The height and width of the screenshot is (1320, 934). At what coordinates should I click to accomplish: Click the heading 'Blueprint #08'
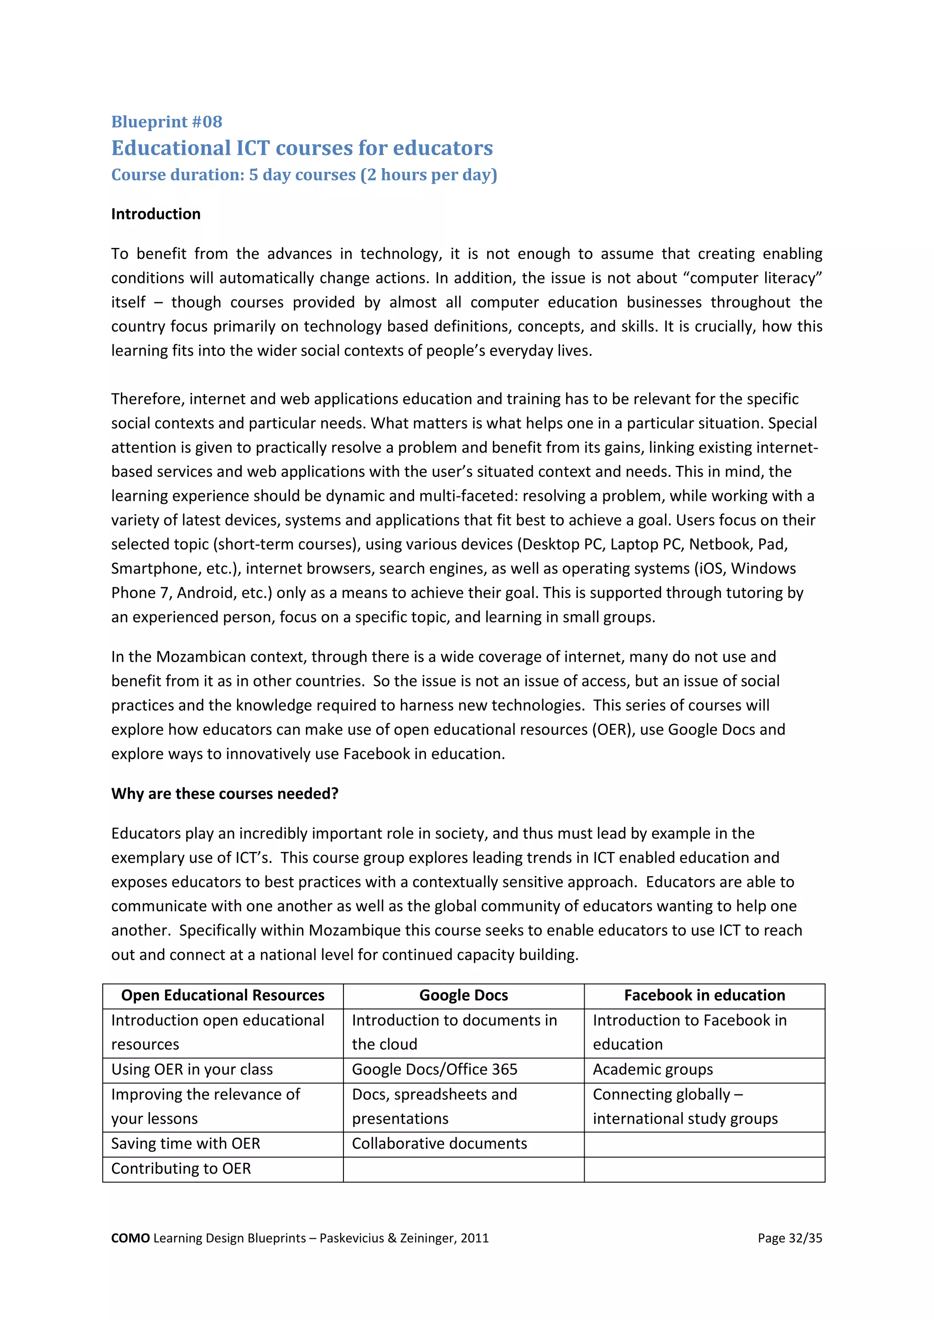click(167, 122)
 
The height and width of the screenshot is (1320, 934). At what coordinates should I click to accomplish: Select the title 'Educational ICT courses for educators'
click(302, 148)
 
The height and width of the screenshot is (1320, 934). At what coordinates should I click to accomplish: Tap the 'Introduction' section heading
click(156, 214)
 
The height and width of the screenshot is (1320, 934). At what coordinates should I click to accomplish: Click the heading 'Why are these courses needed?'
click(225, 794)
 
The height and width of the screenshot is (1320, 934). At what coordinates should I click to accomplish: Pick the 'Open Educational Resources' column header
click(223, 995)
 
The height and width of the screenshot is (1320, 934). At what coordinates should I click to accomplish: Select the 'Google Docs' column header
click(463, 995)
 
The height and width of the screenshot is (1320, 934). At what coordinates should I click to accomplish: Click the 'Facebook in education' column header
click(705, 995)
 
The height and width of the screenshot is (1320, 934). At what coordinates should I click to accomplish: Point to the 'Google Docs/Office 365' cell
click(435, 1069)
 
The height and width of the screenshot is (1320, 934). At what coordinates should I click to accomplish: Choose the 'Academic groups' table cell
click(653, 1069)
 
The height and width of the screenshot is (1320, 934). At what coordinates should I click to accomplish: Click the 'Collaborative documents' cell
click(439, 1144)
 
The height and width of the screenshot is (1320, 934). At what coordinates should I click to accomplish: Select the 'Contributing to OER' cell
click(181, 1168)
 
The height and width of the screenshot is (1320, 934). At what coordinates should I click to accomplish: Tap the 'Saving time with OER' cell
click(186, 1144)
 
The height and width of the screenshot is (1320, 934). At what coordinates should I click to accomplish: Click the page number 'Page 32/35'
click(789, 1238)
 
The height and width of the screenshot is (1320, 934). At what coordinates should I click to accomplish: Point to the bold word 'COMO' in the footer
click(130, 1238)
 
